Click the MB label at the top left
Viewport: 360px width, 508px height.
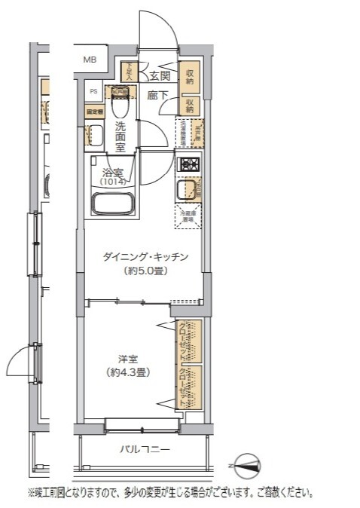coord(90,60)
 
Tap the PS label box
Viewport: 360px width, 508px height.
coord(94,92)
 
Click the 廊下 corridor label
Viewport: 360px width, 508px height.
coord(157,96)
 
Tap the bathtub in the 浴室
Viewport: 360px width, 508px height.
coord(111,204)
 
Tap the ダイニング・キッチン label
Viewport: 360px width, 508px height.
coord(145,258)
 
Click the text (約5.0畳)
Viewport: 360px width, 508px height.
coord(145,271)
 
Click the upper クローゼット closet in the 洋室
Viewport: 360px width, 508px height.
coord(187,341)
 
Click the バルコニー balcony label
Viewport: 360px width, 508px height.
coord(145,450)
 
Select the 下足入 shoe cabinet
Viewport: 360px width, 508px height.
coord(129,72)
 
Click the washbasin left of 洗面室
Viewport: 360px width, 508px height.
coord(96,136)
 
